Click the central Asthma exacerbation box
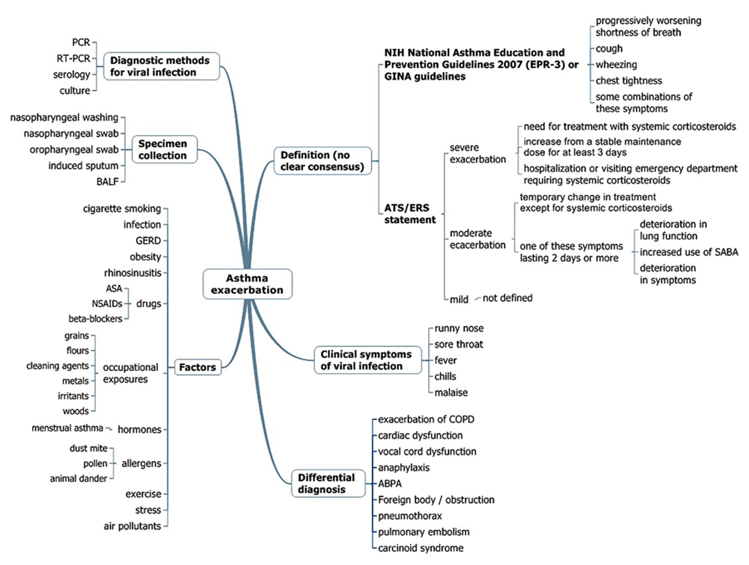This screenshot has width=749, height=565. tap(247, 284)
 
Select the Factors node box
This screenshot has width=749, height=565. tap(197, 367)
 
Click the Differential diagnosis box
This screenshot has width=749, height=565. tap(328, 483)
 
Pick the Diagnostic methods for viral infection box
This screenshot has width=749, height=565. tap(161, 66)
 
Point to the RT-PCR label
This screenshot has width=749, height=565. tap(73, 58)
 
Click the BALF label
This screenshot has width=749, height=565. tap(107, 182)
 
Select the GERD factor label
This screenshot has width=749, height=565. tap(148, 241)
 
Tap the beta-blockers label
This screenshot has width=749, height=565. tap(95, 319)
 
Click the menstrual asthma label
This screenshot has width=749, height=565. tap(67, 428)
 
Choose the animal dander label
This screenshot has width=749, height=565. tap(78, 479)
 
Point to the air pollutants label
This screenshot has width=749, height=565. tap(132, 526)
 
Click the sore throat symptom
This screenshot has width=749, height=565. tap(458, 344)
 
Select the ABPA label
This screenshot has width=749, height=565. tap(390, 484)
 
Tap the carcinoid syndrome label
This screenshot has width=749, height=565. tap(420, 548)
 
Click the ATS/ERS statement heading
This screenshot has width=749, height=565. tap(409, 214)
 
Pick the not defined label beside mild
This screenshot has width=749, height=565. tap(507, 298)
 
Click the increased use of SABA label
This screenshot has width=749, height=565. tap(689, 252)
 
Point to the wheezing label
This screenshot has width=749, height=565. tap(616, 65)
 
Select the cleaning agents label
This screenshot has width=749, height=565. tap(57, 366)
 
